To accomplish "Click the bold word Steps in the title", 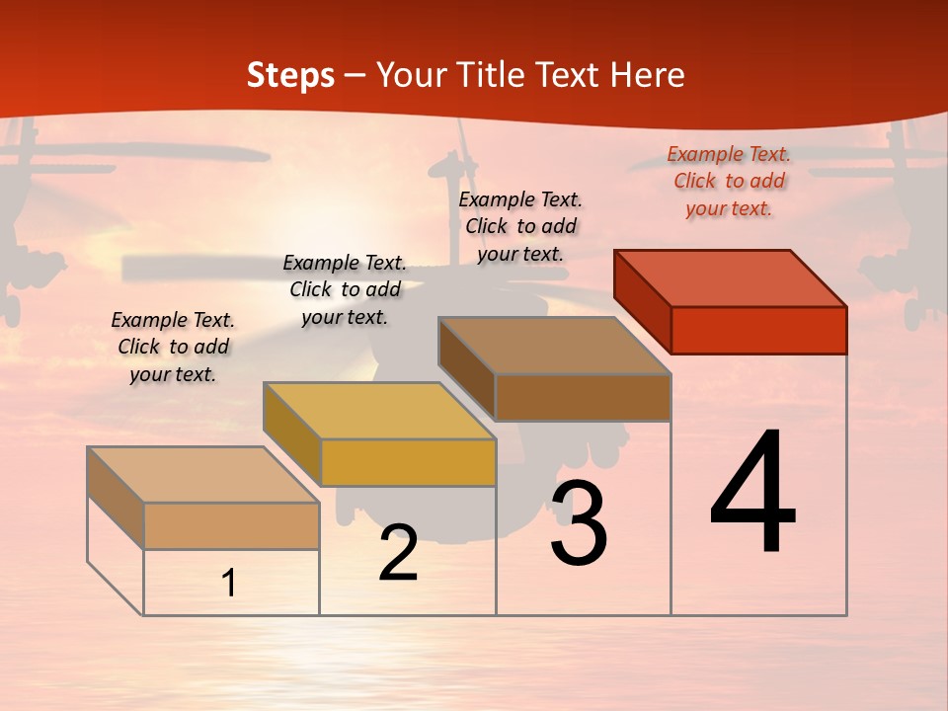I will point(290,75).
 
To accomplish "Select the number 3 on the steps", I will point(579,524).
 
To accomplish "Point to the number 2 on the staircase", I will point(398,555).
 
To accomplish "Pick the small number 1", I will point(229,584).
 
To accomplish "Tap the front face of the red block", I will point(758,330).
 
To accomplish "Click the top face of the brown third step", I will point(555,345).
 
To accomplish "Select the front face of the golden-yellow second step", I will point(408,462).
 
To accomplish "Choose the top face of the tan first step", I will point(202,474).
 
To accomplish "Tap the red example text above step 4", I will point(729,181).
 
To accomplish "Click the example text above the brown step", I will point(520,226).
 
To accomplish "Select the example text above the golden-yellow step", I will point(345,289).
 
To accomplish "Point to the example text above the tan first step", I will point(173,347).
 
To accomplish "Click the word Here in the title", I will point(647,75).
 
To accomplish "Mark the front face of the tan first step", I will point(231,525).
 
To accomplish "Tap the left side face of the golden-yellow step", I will point(291,432).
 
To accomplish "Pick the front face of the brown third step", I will point(583,397).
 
